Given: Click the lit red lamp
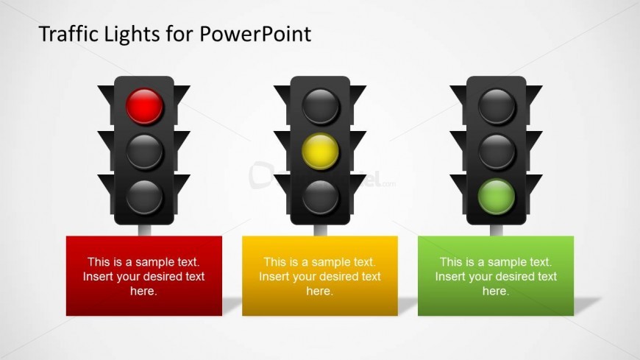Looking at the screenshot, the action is point(144,106).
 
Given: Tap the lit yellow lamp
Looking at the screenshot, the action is point(321,151).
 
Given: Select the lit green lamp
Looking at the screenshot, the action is point(497,197).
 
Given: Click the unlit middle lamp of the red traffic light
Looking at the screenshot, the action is point(144,151).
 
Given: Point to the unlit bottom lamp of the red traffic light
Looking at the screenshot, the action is point(144,197).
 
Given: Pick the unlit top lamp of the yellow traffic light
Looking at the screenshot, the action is point(321,106).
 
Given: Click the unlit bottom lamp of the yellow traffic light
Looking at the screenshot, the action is point(321,197).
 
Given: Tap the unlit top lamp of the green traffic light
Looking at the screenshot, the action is point(497,106).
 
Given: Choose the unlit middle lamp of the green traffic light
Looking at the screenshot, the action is point(497,151).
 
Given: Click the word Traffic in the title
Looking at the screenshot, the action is point(68,34).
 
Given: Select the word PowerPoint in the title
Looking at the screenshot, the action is point(255,34).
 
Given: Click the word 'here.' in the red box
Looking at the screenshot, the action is point(143,291).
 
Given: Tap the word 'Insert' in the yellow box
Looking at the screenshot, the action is point(274,277).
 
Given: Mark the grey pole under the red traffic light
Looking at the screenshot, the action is point(144,230).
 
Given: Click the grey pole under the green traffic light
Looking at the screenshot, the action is point(497,230).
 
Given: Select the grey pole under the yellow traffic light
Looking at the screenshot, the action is point(321,230).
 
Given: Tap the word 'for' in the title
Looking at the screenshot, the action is point(179,34).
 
